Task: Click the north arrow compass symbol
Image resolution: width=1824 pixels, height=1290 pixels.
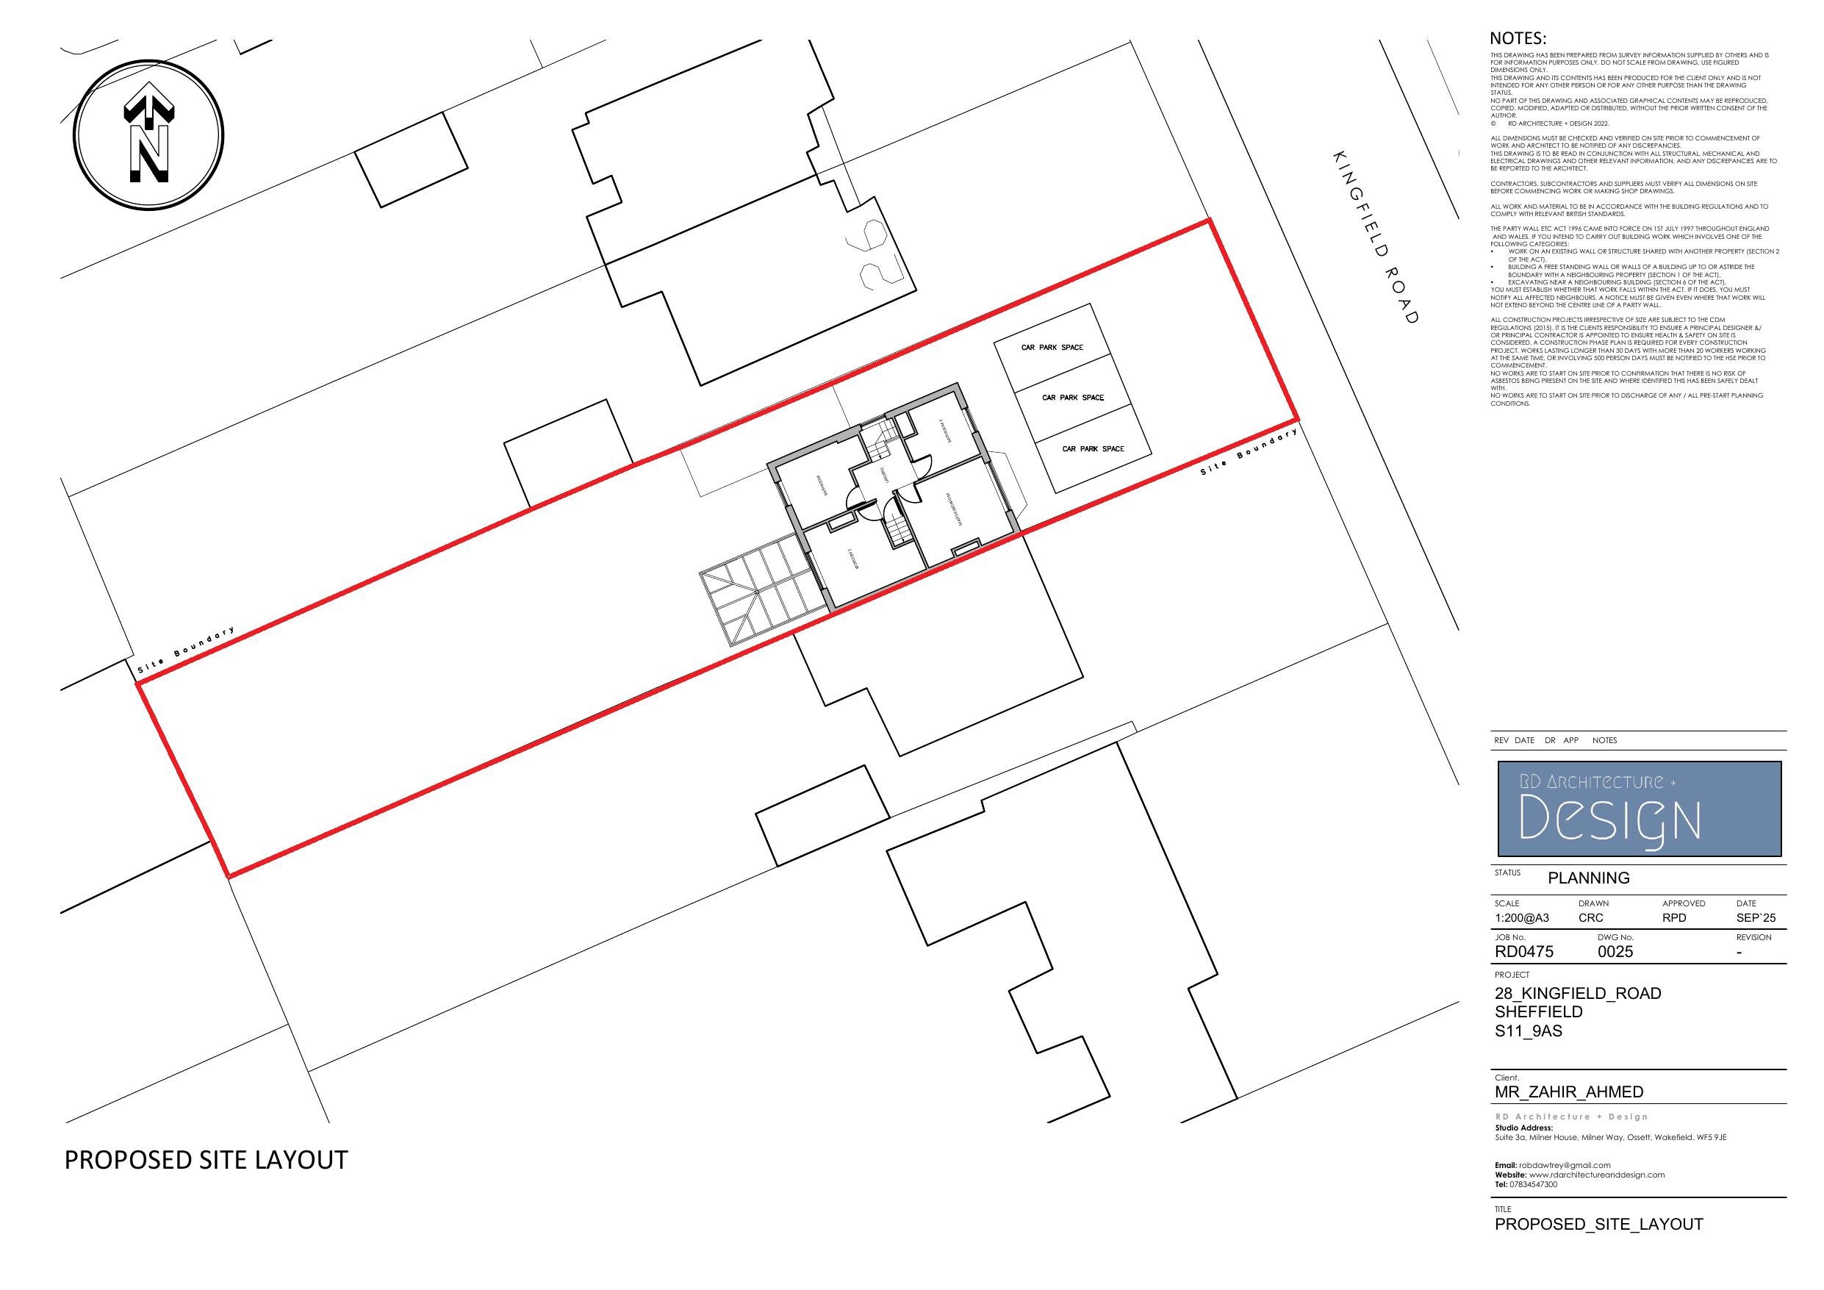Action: coord(148,135)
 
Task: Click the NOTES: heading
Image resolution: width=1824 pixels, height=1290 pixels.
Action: coord(1518,39)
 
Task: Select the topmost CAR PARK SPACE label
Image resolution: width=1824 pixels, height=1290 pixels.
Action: coord(1052,348)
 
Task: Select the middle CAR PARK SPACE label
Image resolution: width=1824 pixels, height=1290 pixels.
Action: coord(1072,398)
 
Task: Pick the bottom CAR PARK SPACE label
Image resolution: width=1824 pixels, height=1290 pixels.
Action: coord(1093,449)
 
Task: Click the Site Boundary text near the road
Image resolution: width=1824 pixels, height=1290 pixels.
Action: coord(1248,453)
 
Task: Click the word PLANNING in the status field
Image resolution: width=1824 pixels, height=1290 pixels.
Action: coord(1589,878)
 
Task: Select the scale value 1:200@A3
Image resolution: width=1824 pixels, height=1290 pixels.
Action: coord(1521,918)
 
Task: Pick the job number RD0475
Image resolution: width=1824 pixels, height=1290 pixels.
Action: coord(1523,951)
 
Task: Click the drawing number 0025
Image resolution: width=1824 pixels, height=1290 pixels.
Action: coord(1615,951)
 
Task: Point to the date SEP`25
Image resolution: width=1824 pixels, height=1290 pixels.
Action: coord(1756,918)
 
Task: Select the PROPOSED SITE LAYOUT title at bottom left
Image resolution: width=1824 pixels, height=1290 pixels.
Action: coord(206,1161)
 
